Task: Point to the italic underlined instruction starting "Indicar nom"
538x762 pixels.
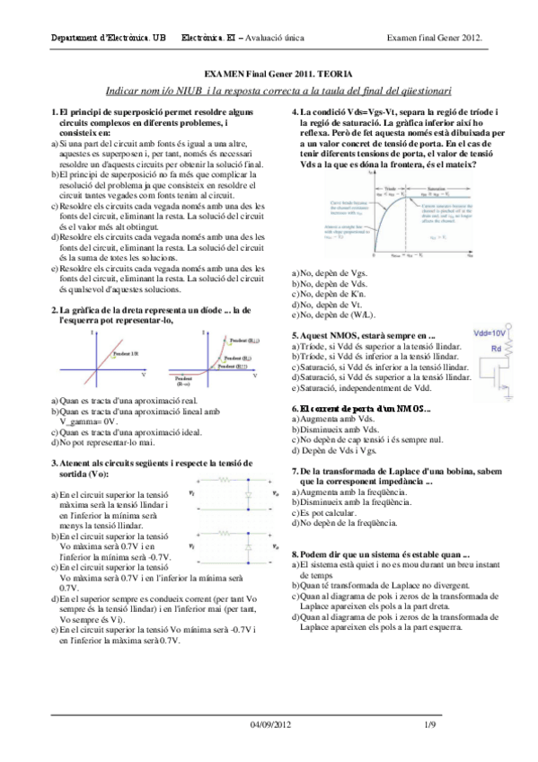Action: [x=278, y=92]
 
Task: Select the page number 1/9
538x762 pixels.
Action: [x=430, y=749]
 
